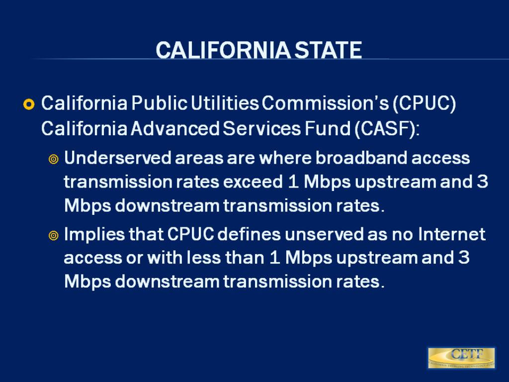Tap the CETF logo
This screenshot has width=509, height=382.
(461, 358)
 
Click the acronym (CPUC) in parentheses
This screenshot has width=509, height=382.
(424, 104)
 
